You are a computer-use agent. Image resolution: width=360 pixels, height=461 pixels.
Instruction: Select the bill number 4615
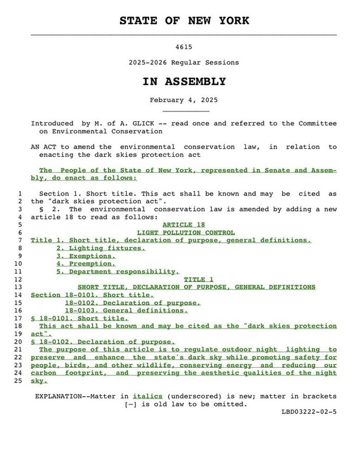[x=184, y=48]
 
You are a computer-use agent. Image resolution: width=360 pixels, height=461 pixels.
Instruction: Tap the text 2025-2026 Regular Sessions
[x=184, y=63]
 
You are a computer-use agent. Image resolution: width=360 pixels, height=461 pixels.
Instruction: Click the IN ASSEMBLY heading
[x=184, y=82]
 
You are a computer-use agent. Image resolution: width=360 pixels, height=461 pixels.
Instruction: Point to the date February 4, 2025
[x=184, y=100]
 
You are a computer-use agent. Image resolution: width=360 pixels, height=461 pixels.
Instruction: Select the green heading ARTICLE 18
[x=184, y=224]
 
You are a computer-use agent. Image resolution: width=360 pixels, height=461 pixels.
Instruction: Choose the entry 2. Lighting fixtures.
[x=100, y=248]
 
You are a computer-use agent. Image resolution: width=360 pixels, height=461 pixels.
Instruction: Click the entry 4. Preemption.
[x=86, y=263]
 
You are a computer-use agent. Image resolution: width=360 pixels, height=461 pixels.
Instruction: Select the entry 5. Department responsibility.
[x=117, y=271]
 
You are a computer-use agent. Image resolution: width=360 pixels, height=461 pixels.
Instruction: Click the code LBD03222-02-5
[x=310, y=412]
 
